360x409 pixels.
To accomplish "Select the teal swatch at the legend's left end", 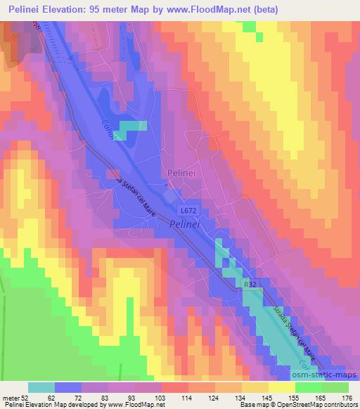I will click(41, 387).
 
